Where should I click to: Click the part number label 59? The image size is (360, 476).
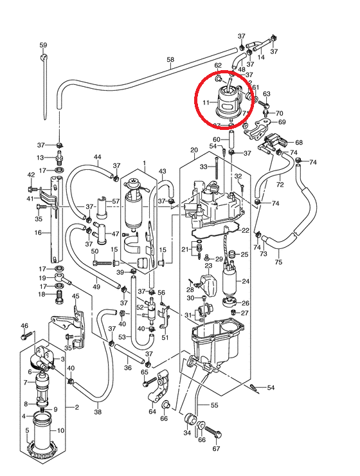[43, 45]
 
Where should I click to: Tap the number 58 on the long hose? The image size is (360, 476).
[170, 59]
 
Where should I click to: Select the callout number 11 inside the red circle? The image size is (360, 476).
[206, 103]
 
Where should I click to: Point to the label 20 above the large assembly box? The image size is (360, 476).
[194, 150]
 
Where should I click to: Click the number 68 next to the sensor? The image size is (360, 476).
[299, 142]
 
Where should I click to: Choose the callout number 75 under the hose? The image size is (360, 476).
[278, 262]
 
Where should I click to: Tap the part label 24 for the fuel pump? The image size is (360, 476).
[246, 281]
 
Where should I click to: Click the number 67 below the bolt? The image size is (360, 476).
[216, 449]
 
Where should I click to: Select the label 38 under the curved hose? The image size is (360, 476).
[98, 412]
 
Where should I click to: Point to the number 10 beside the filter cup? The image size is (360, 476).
[60, 430]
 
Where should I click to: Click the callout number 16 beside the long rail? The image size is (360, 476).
[38, 233]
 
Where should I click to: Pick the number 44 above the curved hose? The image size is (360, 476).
[97, 157]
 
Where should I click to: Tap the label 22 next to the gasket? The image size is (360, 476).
[246, 231]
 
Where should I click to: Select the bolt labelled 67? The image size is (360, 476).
[213, 432]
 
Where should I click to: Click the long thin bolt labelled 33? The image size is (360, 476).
[217, 169]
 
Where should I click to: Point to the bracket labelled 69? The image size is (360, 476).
[257, 130]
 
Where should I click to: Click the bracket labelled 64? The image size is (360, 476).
[159, 387]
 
